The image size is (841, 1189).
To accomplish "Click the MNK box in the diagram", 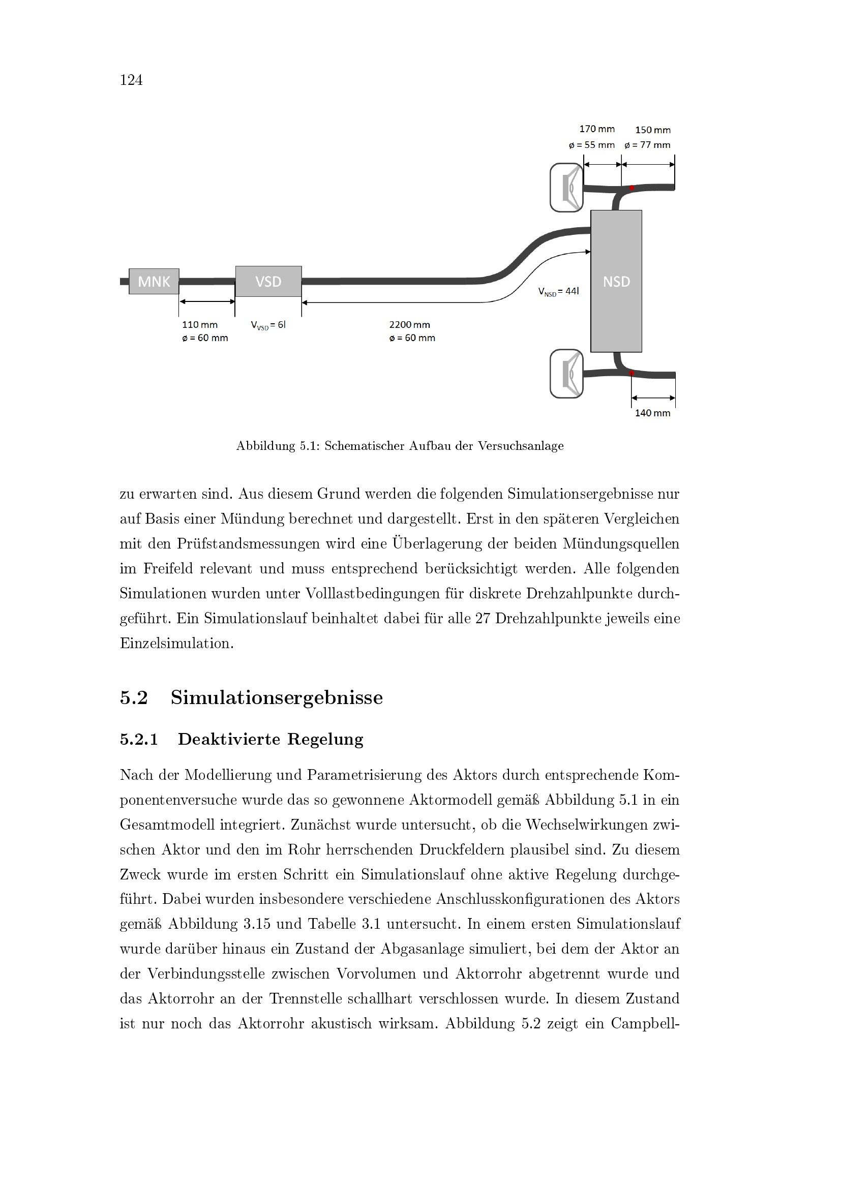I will click(154, 281).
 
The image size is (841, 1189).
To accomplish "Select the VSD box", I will click(268, 281).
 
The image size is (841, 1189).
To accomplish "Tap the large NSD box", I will click(616, 281).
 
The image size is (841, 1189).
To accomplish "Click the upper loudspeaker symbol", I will click(566, 188).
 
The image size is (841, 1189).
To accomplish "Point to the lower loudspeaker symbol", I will click(566, 374).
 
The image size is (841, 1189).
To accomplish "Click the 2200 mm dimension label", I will click(410, 325).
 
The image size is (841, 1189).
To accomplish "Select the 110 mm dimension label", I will click(200, 325).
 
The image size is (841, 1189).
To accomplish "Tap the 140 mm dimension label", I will click(652, 413).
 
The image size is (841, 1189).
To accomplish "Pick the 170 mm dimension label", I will click(596, 129).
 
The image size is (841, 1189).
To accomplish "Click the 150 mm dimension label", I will click(652, 130).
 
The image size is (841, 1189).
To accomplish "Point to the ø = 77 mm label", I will click(647, 145).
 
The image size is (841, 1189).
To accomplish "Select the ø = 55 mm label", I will click(591, 145).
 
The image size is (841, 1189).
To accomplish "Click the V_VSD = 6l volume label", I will click(268, 325).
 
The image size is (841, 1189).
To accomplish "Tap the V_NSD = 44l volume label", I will click(558, 292).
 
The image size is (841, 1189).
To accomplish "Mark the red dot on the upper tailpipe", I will click(632, 188).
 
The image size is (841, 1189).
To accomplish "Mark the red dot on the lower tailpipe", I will click(632, 373).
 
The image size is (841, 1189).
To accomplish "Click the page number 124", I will click(131, 80).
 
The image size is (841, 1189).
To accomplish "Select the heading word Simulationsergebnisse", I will click(277, 697).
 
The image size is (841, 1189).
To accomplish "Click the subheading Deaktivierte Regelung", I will click(271, 739).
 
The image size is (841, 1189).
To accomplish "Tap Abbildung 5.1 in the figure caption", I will click(277, 446).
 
